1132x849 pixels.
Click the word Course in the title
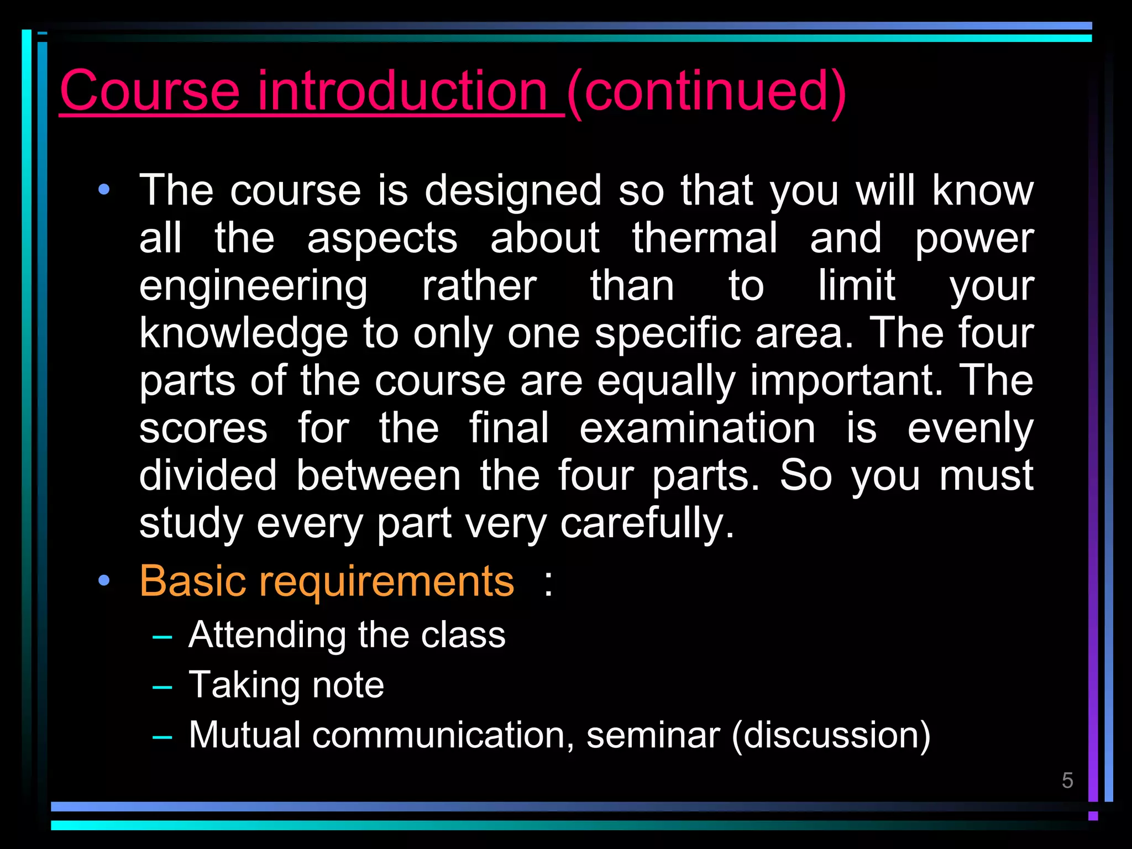pyautogui.click(x=150, y=91)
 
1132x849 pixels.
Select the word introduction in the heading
pyautogui.click(x=402, y=91)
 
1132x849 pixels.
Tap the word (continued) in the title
pyautogui.click(x=706, y=92)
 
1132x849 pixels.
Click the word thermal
pyautogui.click(x=705, y=238)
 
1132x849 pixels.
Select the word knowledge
pyautogui.click(x=244, y=335)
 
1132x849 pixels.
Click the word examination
pyautogui.click(x=697, y=428)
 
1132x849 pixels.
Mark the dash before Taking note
pyautogui.click(x=162, y=687)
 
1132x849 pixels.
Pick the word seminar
pyautogui.click(x=653, y=736)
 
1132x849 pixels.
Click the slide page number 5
pyautogui.click(x=1067, y=780)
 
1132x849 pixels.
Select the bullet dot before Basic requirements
pyautogui.click(x=104, y=580)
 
